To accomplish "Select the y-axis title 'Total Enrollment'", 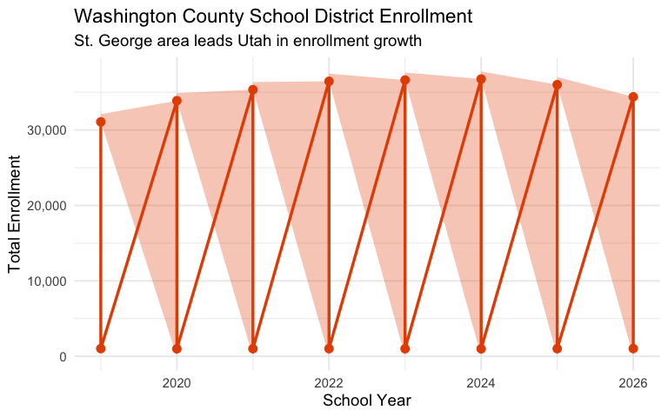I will click(x=15, y=215).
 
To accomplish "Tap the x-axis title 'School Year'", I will click(x=366, y=400).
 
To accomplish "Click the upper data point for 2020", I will click(x=177, y=101).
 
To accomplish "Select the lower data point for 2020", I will click(x=177, y=348).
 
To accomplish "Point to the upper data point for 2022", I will click(x=329, y=82).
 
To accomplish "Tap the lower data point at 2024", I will click(x=481, y=348).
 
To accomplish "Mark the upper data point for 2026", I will click(x=633, y=96).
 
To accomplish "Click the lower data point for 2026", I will click(x=633, y=348).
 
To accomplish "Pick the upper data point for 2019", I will click(x=101, y=122).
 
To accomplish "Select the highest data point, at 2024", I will click(x=481, y=79).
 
